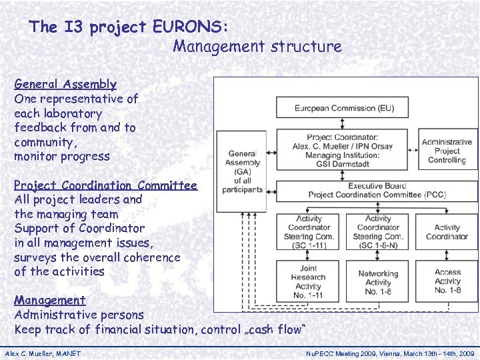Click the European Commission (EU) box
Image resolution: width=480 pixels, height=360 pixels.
click(x=343, y=107)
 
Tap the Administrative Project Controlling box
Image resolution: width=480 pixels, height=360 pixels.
click(x=447, y=151)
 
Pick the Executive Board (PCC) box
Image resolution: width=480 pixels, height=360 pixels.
click(x=377, y=190)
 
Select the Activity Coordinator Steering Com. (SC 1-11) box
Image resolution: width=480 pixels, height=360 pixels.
click(x=309, y=232)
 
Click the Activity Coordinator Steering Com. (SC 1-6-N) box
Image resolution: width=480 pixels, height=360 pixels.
click(x=378, y=232)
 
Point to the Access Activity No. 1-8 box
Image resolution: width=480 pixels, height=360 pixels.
click(x=447, y=281)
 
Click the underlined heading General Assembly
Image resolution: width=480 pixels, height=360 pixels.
click(x=65, y=85)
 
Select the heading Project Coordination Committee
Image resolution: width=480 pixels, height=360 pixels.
click(x=105, y=186)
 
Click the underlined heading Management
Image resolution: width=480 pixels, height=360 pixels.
click(x=50, y=301)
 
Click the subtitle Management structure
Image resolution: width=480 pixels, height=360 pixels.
click(x=257, y=47)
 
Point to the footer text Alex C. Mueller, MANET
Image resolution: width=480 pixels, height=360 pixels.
click(x=43, y=353)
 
